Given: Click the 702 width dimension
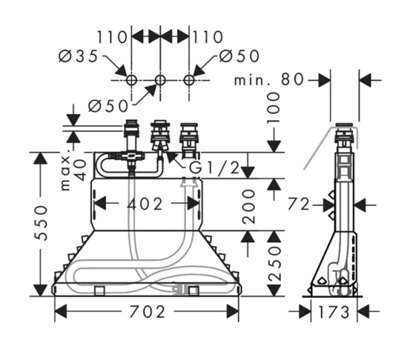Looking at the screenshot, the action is pyautogui.click(x=147, y=311).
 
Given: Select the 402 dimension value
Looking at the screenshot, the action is pyautogui.click(x=145, y=203).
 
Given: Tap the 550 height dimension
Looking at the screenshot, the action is pyautogui.click(x=41, y=223).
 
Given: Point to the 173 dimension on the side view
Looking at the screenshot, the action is pyautogui.click(x=334, y=312).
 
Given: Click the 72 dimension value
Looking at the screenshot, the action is pyautogui.click(x=298, y=204).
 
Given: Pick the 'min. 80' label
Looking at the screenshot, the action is pyautogui.click(x=269, y=79).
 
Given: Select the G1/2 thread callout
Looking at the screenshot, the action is pyautogui.click(x=214, y=168).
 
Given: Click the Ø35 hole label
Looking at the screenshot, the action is pyautogui.click(x=78, y=56).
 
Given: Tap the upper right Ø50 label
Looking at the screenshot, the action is pyautogui.click(x=239, y=56).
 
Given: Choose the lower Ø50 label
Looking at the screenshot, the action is pyautogui.click(x=109, y=106).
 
